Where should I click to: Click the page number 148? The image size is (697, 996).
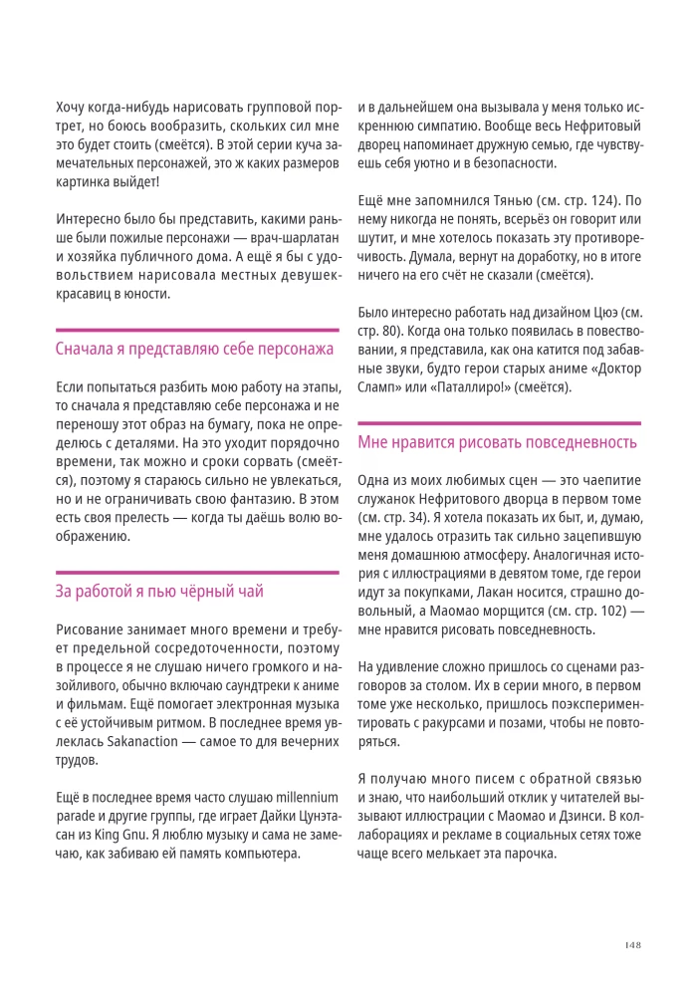click(x=631, y=945)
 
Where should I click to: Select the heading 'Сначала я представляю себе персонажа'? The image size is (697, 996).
click(x=194, y=349)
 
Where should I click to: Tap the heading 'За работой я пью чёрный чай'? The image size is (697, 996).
click(x=159, y=592)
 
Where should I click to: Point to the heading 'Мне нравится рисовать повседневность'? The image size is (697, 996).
click(x=497, y=442)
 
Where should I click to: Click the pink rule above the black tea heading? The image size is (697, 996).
click(x=197, y=573)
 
